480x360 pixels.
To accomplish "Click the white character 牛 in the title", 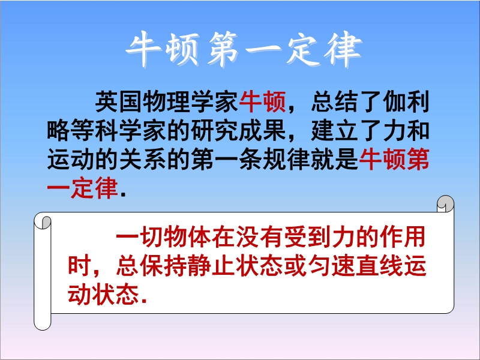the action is tap(143, 49).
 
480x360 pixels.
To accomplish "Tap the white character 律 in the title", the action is tap(344, 49).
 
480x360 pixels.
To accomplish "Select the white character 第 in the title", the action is tap(223, 49).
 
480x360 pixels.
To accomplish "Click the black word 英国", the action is tap(119, 102).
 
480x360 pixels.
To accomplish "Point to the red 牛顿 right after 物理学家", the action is tap(262, 102).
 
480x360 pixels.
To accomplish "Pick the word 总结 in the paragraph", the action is tap(334, 102).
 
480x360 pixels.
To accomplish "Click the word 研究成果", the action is tap(238, 131).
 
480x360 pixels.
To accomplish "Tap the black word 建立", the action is tap(334, 131).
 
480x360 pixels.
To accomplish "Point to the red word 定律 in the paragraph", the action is tap(95, 188).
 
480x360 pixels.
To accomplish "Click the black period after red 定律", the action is tap(124, 194).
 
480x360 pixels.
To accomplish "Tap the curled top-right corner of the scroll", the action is tap(445, 203).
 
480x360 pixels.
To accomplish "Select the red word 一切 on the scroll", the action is tap(140, 236).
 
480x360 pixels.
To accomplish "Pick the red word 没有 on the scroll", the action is tap(260, 236).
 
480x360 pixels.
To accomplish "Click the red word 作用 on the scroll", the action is tap(403, 236).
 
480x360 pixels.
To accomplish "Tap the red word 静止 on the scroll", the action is tap(212, 266).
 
